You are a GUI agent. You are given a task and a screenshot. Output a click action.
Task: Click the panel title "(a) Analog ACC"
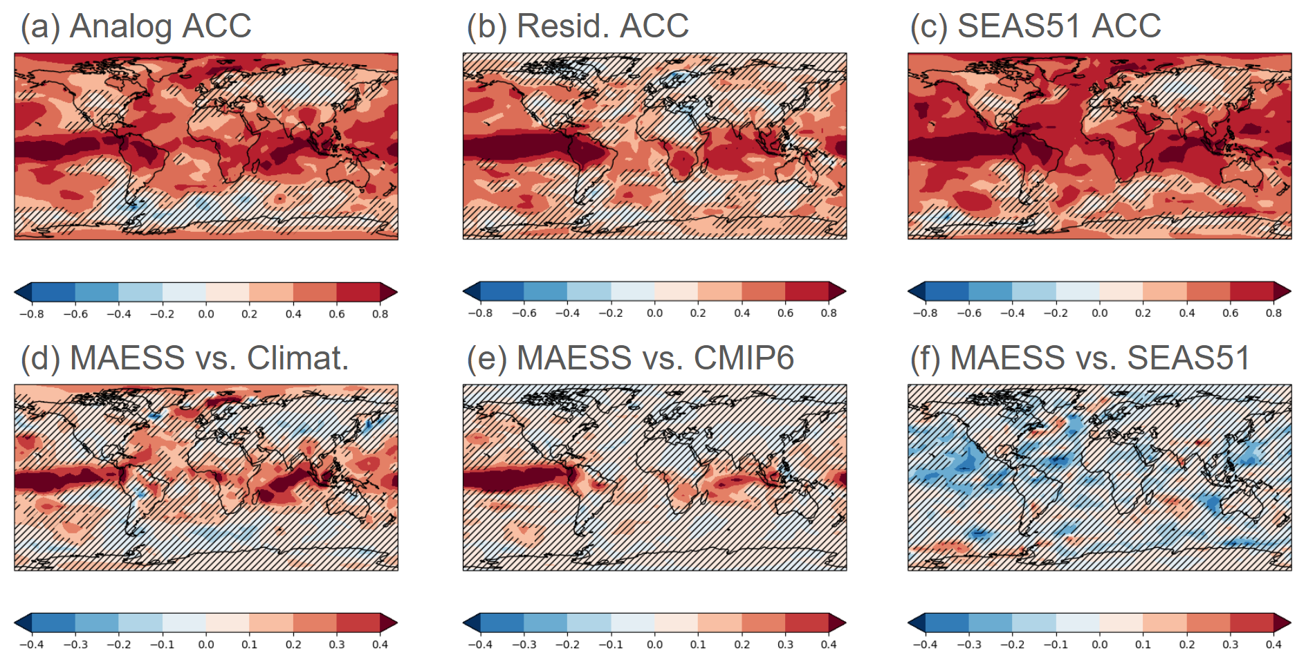136,26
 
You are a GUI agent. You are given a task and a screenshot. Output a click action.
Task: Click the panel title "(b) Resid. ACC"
578,26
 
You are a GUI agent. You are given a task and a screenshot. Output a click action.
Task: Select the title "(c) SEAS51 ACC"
1035,26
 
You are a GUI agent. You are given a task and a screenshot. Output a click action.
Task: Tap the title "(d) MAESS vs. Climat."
185,358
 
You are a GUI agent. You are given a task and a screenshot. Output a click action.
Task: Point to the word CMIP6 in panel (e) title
744,358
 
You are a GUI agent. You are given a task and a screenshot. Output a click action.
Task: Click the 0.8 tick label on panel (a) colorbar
380,314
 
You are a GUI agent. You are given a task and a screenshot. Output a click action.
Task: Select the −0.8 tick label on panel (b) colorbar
480,313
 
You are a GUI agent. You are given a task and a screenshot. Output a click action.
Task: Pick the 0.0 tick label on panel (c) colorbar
1100,313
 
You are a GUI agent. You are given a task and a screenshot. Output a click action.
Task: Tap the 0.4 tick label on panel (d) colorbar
380,645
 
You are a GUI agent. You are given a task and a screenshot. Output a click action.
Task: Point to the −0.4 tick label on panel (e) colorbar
480,645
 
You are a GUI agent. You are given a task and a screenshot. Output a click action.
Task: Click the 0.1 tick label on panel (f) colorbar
1143,645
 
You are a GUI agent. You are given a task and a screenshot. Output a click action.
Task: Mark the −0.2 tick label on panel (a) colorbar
162,314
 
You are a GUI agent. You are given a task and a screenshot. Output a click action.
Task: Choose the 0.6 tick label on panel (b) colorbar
786,313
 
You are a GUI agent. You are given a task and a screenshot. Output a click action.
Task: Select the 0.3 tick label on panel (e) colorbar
786,645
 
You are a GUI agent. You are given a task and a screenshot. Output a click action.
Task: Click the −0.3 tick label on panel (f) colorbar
968,645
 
